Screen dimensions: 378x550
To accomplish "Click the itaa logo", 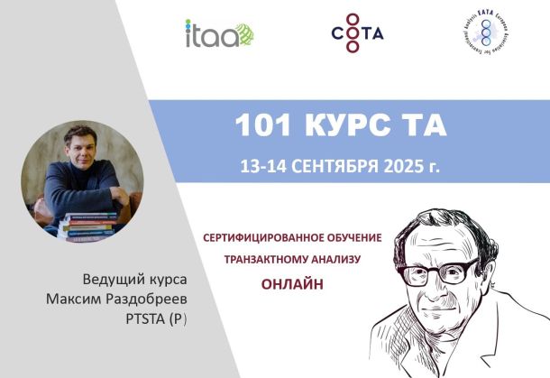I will (219, 34).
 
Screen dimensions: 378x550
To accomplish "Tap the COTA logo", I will (357, 33).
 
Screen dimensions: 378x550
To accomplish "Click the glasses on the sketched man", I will (442, 272).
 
